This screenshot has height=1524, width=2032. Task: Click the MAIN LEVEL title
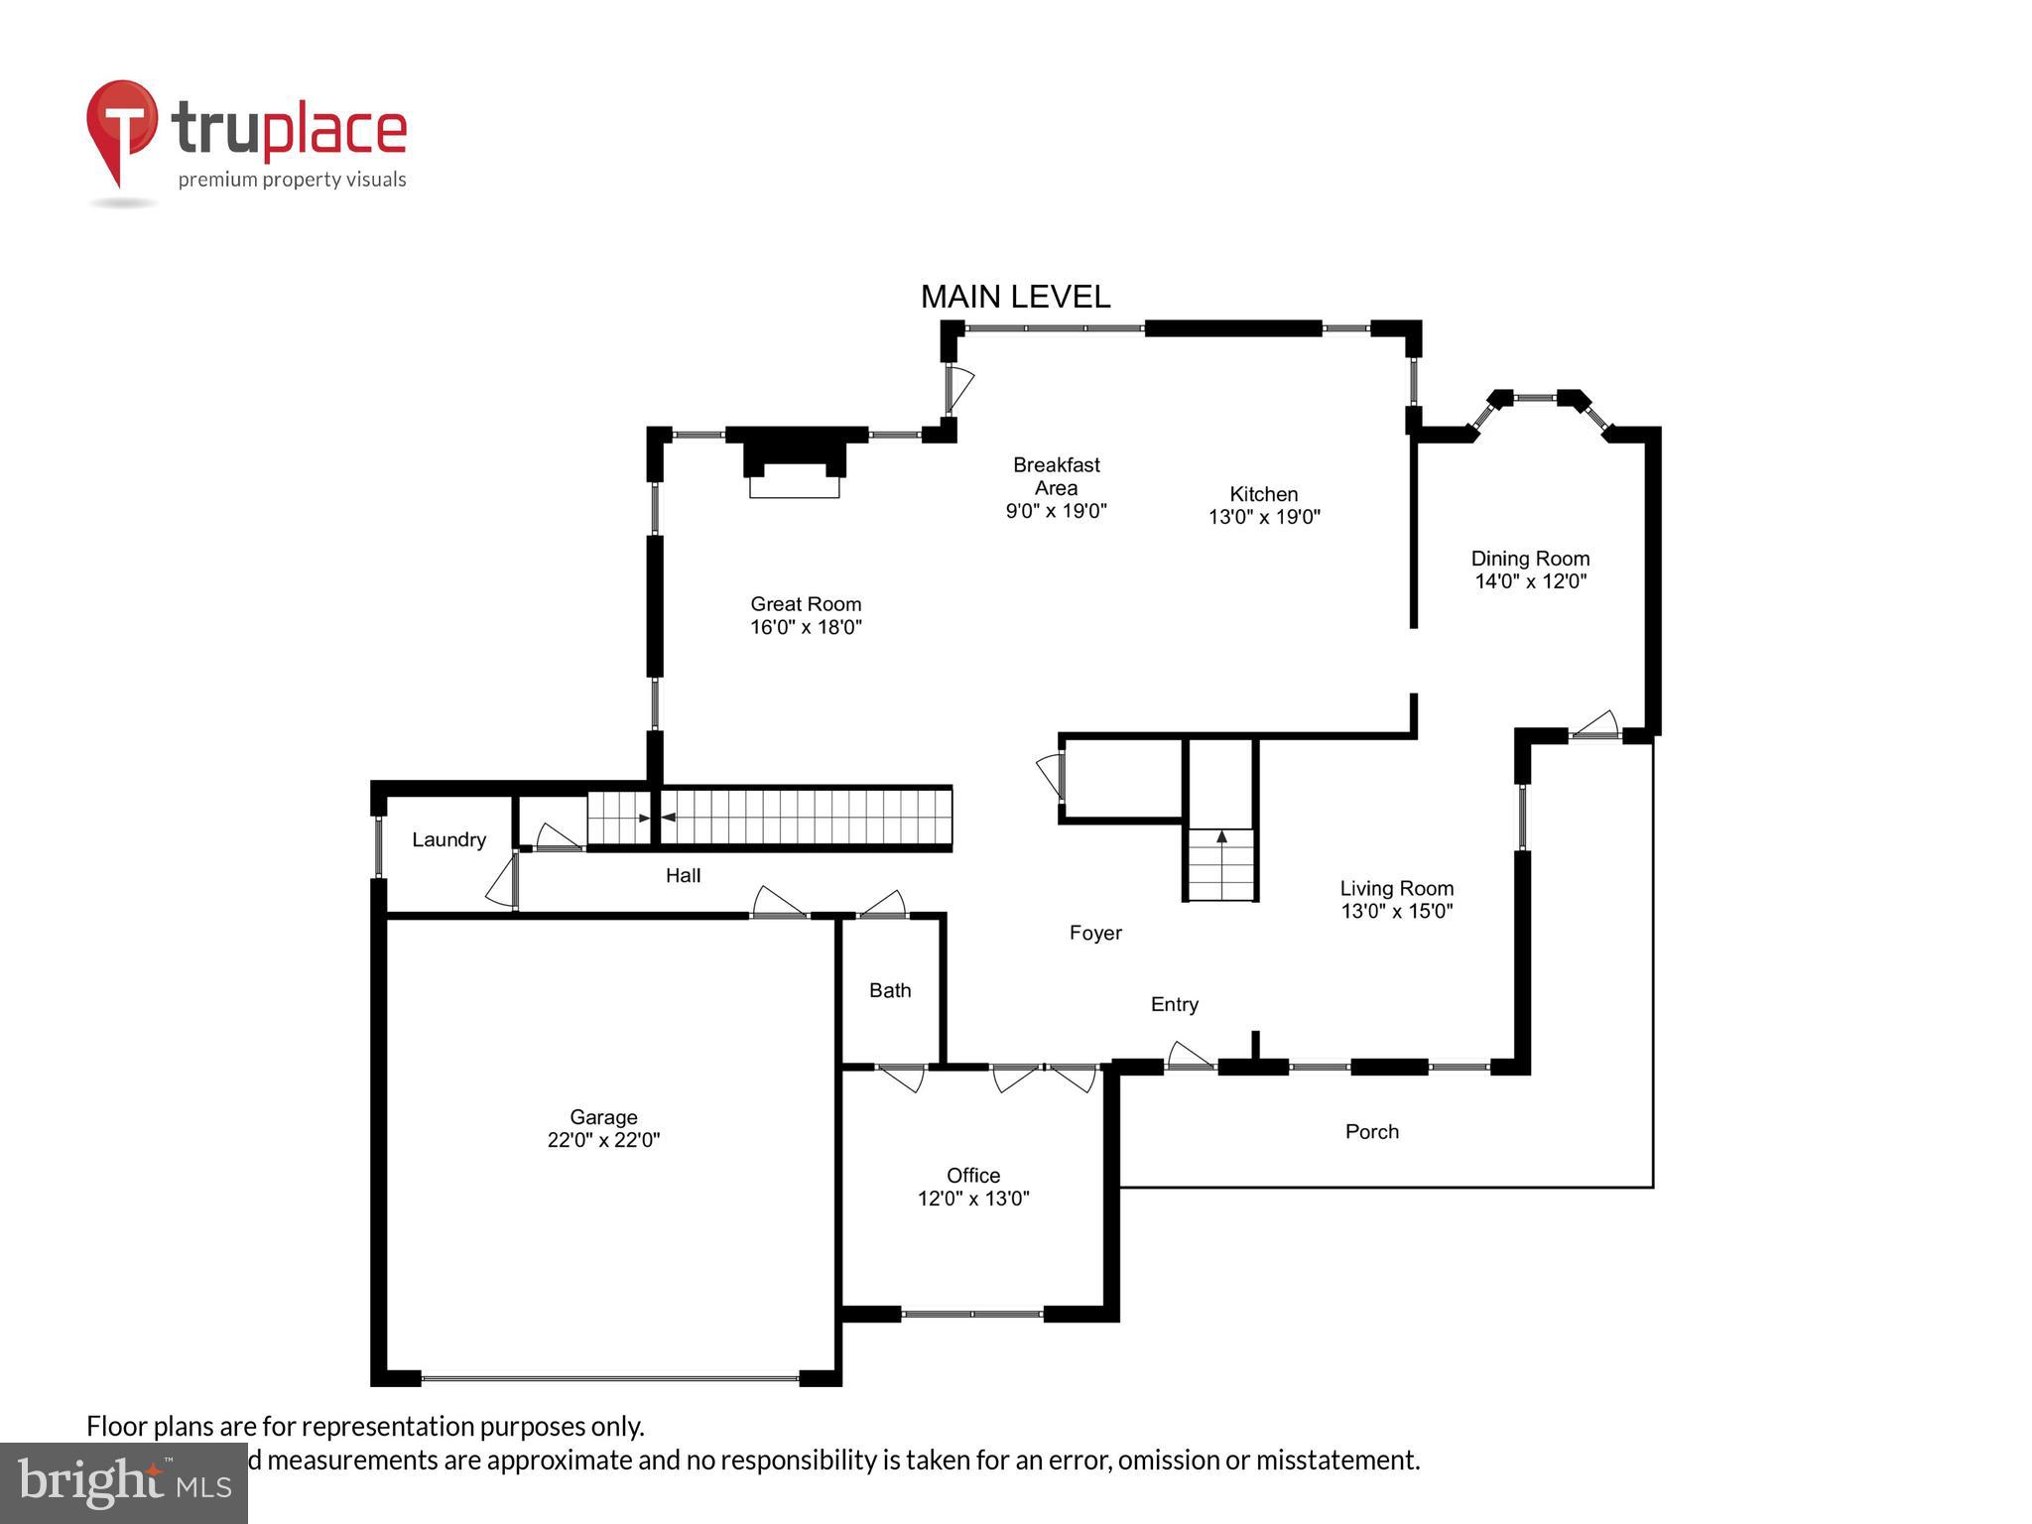point(1015,297)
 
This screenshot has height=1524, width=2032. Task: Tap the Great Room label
point(806,604)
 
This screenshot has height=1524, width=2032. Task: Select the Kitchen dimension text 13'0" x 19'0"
point(1264,517)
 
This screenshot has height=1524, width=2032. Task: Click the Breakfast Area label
point(1056,476)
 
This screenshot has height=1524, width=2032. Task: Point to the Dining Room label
point(1530,559)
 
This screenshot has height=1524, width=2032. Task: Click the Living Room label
point(1396,889)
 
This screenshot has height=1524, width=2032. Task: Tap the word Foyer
point(1095,933)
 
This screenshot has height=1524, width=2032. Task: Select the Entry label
point(1175,1004)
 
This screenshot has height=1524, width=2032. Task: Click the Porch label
point(1371,1131)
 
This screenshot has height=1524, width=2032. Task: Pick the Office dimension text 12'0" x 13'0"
point(973,1199)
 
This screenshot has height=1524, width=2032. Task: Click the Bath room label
point(890,990)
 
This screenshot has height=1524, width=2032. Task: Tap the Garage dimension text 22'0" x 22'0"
point(603,1140)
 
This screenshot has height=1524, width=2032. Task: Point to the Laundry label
point(448,839)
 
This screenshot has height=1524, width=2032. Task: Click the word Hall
point(683,875)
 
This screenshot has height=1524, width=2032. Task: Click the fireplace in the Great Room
point(794,463)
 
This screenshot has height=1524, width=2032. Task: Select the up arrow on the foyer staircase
point(1221,836)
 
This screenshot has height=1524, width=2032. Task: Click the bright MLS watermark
point(123,1483)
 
